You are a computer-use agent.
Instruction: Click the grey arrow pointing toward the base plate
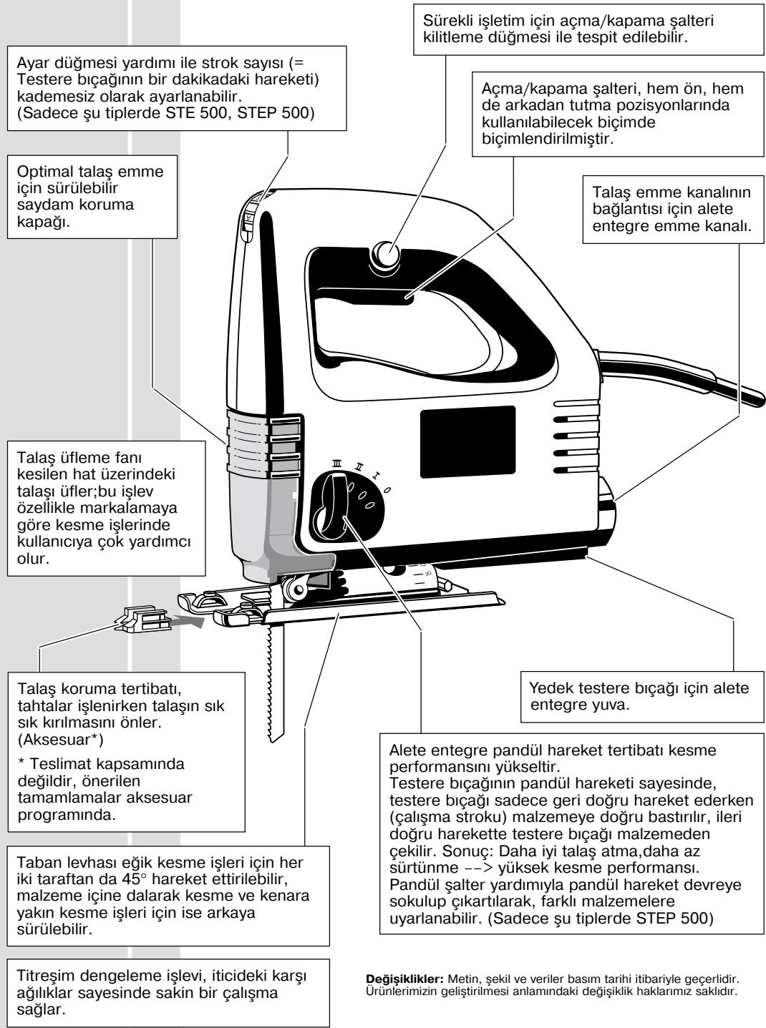pos(185,622)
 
